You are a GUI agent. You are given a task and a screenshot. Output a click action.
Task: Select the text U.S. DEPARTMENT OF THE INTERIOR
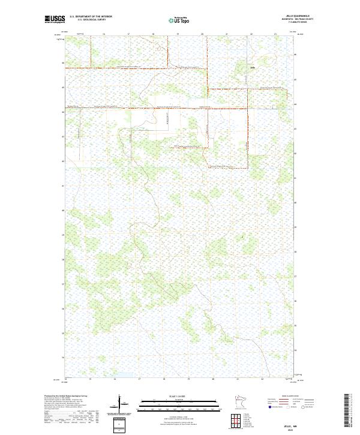click(91, 16)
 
